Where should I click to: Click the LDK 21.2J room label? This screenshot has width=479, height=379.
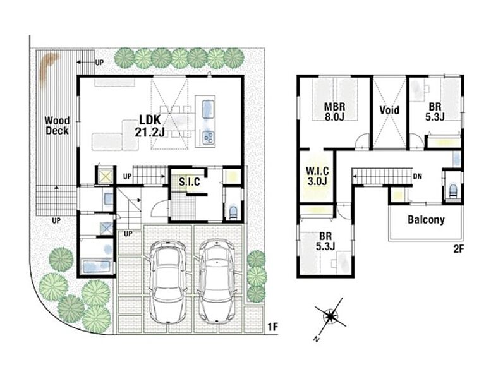(150, 126)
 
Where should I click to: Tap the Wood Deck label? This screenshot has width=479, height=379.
(57, 126)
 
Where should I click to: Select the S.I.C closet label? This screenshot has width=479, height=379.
(190, 182)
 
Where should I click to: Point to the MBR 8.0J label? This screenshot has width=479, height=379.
(335, 112)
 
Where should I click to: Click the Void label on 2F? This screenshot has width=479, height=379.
(389, 110)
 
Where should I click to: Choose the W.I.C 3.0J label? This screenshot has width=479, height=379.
(317, 176)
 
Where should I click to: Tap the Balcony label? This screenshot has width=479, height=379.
(426, 220)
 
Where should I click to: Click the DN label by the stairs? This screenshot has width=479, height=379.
(417, 176)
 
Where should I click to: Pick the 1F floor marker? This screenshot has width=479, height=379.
(272, 327)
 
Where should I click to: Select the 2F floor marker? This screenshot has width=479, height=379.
(459, 249)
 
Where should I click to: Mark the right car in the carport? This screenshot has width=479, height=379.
(217, 280)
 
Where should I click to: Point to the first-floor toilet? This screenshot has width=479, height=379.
(233, 212)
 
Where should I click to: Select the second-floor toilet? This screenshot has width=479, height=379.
(452, 190)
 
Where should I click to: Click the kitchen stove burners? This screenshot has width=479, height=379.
(209, 137)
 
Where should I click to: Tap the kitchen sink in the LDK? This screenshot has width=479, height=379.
(209, 109)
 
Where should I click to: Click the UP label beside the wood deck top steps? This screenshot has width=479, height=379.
(100, 63)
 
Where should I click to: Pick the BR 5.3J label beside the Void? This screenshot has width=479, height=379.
(435, 112)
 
